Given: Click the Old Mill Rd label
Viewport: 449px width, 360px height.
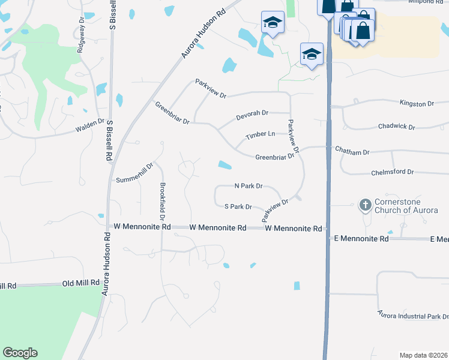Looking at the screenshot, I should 81,283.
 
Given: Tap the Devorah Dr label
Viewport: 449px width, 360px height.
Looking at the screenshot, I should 252,113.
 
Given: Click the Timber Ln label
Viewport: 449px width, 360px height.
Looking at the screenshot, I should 260,136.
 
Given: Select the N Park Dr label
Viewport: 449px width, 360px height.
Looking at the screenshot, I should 248,186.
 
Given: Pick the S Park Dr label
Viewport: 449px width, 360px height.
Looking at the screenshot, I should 238,206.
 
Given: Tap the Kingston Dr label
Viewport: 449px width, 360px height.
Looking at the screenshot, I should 417,104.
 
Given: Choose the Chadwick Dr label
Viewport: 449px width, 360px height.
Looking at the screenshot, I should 397,127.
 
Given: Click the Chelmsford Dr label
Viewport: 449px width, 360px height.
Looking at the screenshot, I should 394,172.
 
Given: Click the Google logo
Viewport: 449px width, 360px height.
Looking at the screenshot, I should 20,353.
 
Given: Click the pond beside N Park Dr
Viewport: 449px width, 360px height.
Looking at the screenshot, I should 225,165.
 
